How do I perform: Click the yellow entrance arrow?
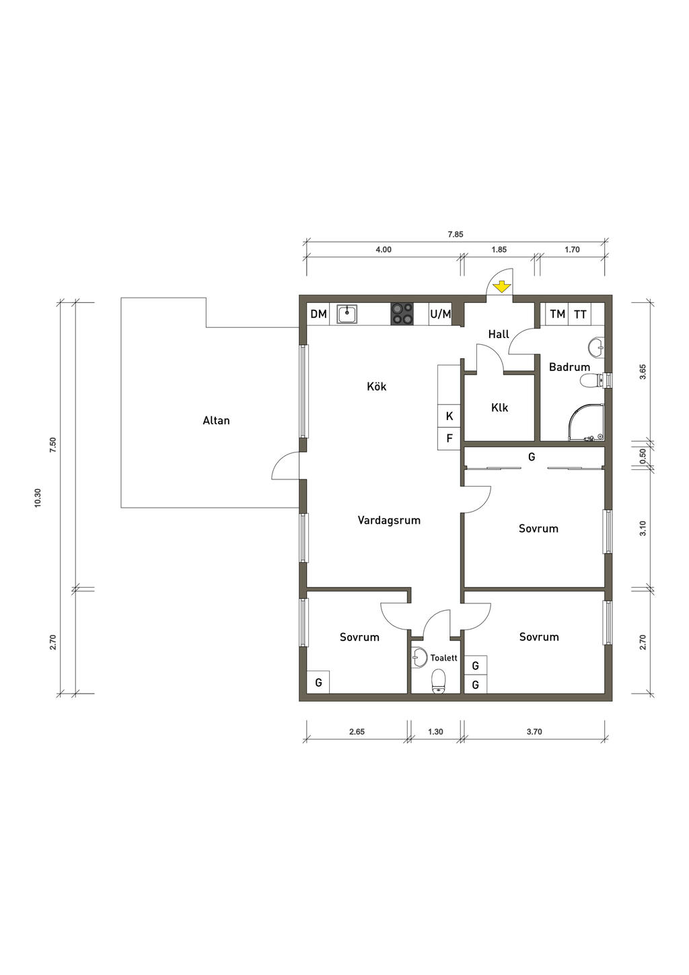(501, 287)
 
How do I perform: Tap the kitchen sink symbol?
(347, 314)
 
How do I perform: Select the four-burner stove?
(402, 314)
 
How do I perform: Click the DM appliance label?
(319, 314)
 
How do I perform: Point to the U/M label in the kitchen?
(441, 314)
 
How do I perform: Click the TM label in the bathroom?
(558, 314)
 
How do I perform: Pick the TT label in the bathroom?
(580, 314)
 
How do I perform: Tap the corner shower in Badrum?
(587, 422)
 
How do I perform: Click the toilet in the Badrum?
(593, 380)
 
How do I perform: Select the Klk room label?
(499, 408)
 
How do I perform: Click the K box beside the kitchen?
(449, 416)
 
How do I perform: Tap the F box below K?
(449, 438)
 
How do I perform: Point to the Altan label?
(216, 420)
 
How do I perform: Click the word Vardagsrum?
(389, 520)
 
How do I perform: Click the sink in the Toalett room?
(420, 657)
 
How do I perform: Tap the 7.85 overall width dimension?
(456, 234)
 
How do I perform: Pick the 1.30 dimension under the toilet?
(435, 732)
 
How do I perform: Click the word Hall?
(499, 334)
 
